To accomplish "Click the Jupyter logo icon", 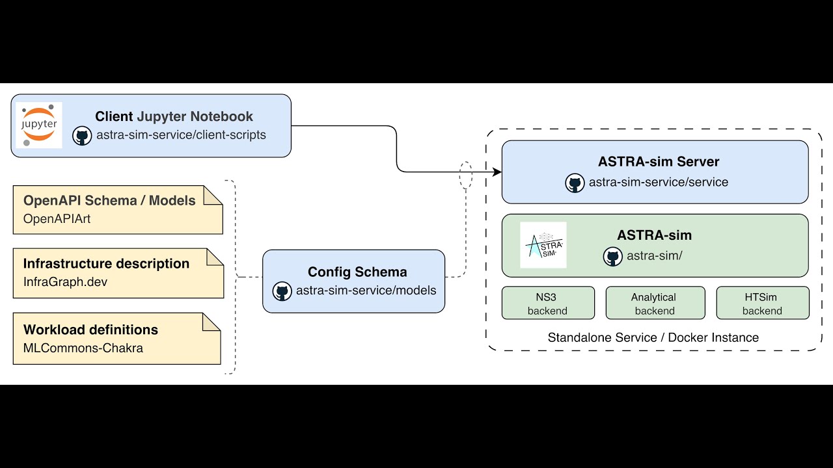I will (x=39, y=125).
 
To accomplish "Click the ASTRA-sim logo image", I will (x=543, y=245).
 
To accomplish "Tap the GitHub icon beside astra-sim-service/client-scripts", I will (x=82, y=135).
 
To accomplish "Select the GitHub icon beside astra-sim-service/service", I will (x=575, y=183).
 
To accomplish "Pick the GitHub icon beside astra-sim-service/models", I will (x=282, y=291).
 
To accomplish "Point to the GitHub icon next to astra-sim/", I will (x=612, y=256).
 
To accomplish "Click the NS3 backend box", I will (x=548, y=304).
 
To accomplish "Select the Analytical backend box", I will (x=655, y=304).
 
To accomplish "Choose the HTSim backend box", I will (x=762, y=304).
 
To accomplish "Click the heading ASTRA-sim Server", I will (x=659, y=161).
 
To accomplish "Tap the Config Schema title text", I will (x=357, y=272).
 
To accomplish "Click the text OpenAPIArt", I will (x=57, y=219).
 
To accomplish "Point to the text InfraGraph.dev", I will (x=65, y=282).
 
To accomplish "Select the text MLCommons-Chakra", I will (x=83, y=348).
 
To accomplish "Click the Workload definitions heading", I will (x=90, y=330).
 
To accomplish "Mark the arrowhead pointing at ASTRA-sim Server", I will (x=497, y=172).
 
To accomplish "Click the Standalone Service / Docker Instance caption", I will (x=653, y=337).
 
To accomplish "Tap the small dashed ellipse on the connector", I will (x=465, y=175).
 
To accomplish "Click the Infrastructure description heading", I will (x=106, y=263).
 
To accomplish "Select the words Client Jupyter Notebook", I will (x=174, y=116).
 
